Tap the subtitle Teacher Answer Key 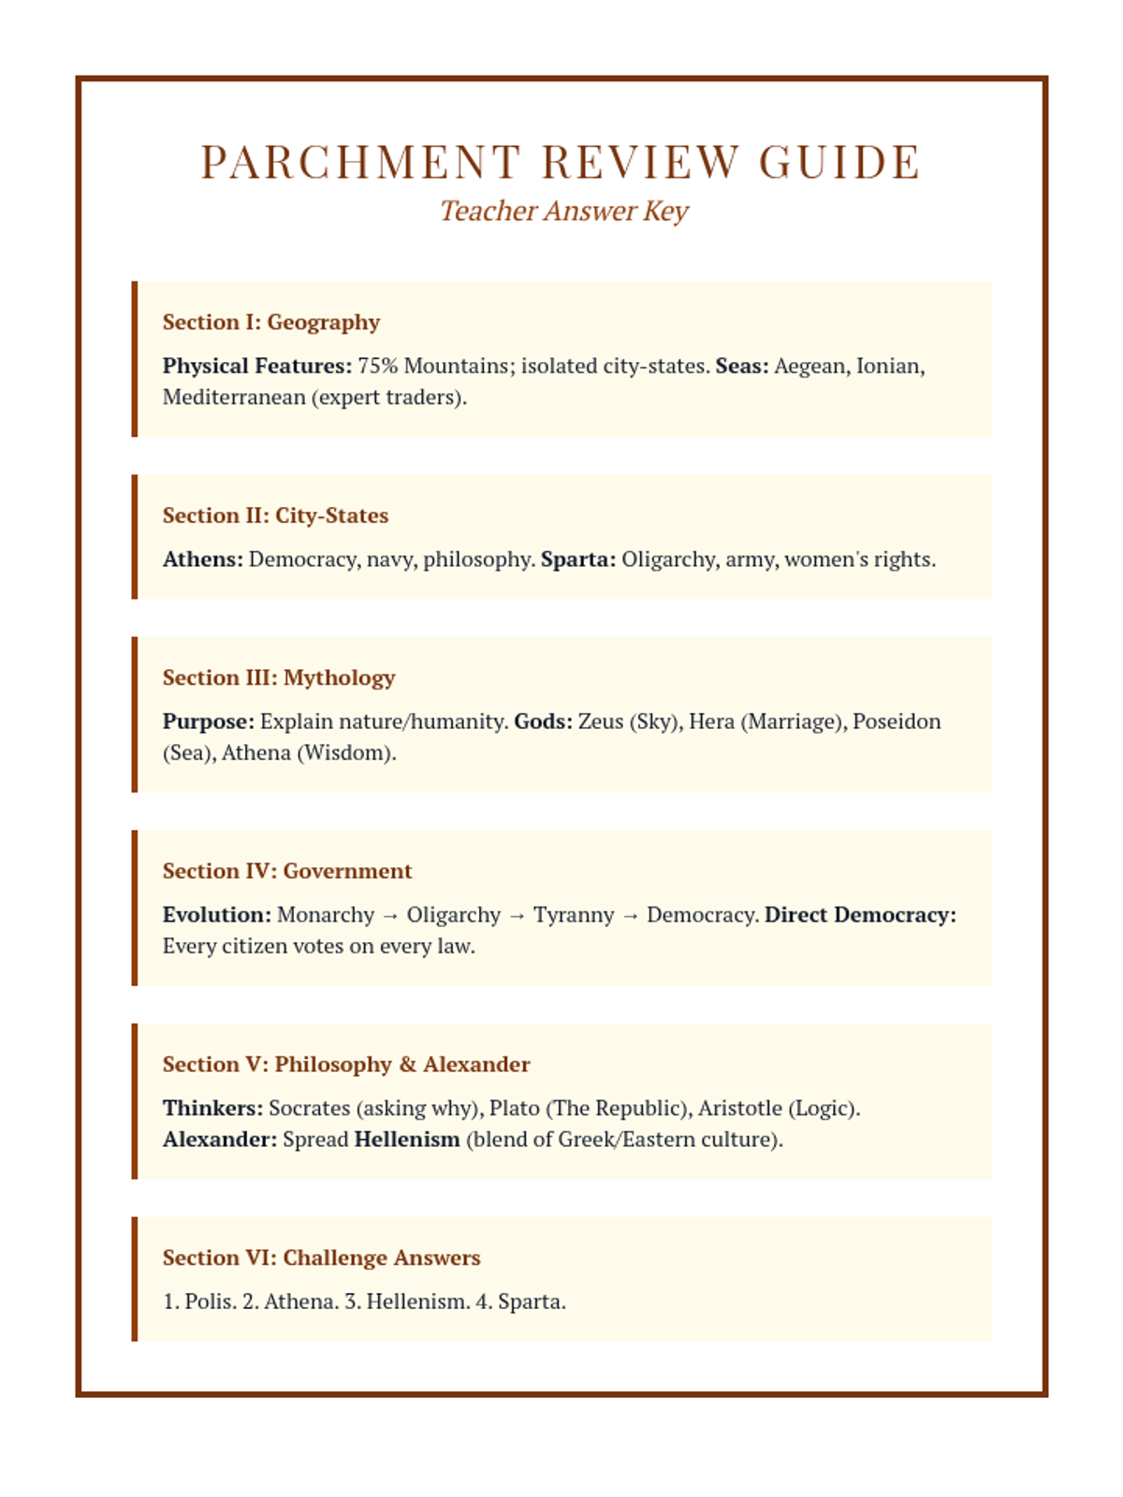click(563, 211)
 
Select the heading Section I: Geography click(271, 322)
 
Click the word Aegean click(811, 366)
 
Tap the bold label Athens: click(203, 560)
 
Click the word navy click(391, 560)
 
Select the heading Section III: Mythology click(279, 677)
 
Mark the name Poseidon click(897, 721)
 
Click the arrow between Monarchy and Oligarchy click(390, 916)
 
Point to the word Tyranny click(574, 915)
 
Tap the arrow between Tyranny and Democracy click(631, 916)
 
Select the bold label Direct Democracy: click(860, 915)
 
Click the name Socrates click(309, 1109)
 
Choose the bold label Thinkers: click(213, 1109)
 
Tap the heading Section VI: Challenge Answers click(321, 1257)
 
